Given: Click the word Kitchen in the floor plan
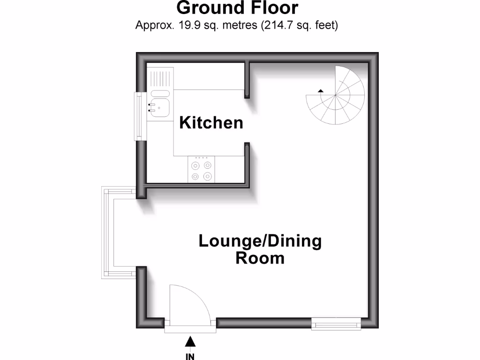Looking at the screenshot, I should click(211, 123).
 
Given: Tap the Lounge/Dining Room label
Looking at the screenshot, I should click(260, 249).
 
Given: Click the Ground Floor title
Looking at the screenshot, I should click(237, 7).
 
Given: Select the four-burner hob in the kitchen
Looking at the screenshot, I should click(201, 170).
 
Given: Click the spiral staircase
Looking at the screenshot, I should click(336, 96).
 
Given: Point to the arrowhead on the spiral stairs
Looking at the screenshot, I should click(321, 90).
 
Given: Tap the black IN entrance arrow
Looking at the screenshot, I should click(190, 342).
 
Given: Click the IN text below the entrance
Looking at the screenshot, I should click(190, 356).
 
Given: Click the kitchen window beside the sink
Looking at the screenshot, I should click(139, 116).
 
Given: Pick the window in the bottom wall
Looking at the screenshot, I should click(336, 323).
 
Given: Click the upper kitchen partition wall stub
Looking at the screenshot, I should click(247, 80).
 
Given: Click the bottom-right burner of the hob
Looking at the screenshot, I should click(207, 176).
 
